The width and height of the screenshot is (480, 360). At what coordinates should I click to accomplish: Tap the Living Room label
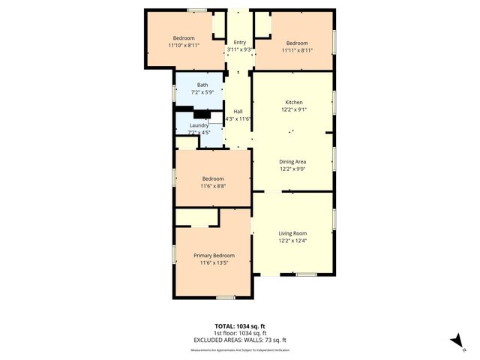292,233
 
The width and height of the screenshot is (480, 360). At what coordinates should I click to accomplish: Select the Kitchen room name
293,102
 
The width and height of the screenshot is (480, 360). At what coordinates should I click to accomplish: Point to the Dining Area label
292,161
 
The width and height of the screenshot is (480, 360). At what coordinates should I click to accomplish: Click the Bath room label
202,85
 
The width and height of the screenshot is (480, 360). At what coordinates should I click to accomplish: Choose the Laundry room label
199,125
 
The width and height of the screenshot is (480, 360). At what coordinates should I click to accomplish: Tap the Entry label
240,43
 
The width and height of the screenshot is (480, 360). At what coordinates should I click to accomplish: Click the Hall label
238,111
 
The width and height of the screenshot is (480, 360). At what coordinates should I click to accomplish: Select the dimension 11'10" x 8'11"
184,45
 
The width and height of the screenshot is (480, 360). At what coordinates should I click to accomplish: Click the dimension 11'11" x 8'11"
296,50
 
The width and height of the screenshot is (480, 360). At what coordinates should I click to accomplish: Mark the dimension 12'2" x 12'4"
292,241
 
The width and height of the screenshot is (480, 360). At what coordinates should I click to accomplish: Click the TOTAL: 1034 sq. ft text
239,326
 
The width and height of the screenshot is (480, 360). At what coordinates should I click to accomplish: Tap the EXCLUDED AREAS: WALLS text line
239,340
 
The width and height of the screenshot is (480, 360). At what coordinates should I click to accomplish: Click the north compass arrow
454,340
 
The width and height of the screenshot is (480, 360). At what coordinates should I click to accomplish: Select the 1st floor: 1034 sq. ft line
239,333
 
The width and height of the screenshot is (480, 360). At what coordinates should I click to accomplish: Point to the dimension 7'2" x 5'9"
202,92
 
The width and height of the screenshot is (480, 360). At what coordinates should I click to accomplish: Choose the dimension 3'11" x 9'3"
240,50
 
